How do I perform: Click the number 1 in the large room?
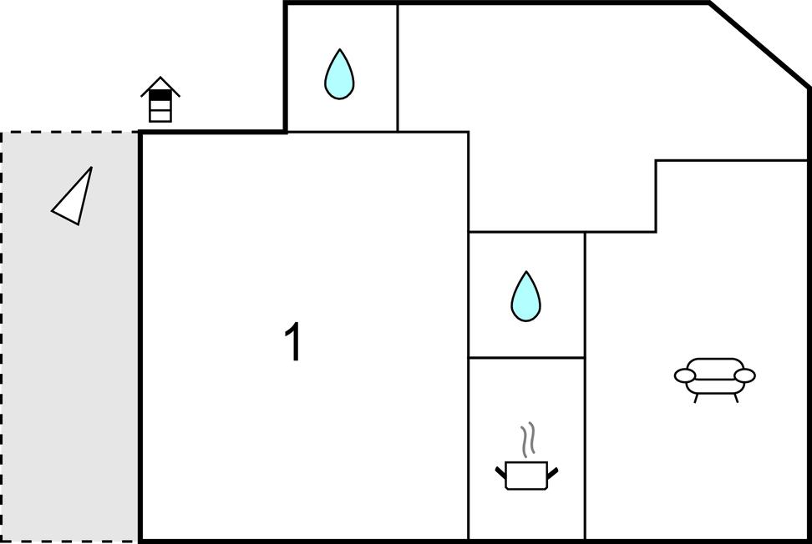click(293, 341)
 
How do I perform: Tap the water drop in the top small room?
click(339, 74)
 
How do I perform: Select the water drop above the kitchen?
click(525, 297)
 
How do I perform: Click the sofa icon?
click(714, 379)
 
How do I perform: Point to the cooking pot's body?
click(526, 476)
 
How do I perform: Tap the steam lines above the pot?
click(527, 440)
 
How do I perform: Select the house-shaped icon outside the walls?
click(160, 99)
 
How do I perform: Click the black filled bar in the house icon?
click(160, 95)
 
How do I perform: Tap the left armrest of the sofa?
click(685, 375)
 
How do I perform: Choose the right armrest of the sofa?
click(744, 375)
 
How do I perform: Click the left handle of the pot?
click(500, 472)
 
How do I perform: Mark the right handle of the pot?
click(552, 472)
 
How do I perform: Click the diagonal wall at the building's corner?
click(759, 45)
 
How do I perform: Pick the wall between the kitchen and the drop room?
click(526, 357)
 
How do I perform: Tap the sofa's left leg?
click(696, 398)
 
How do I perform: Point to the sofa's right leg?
click(735, 398)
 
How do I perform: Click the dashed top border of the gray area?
click(70, 133)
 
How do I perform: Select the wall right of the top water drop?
click(397, 68)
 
